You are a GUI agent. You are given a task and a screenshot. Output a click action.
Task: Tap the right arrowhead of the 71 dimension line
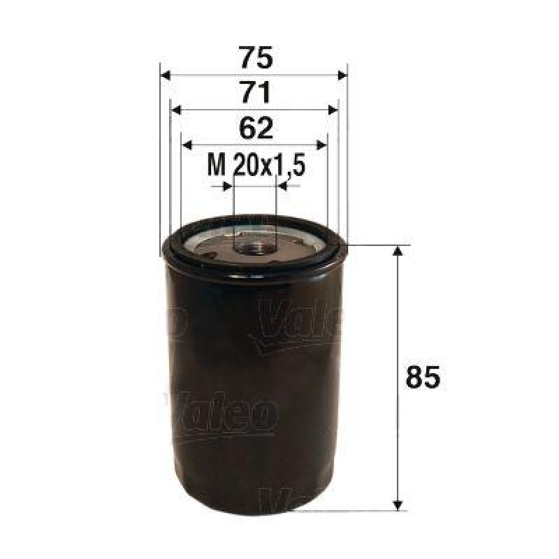coord(333,110)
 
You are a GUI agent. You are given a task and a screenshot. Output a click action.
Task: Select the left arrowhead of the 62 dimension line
coord(187,144)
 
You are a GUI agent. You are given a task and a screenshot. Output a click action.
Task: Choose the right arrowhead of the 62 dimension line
coord(322,144)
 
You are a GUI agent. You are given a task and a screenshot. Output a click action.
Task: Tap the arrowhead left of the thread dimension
coord(227,187)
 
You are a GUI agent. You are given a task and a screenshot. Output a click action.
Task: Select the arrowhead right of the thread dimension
coord(282,187)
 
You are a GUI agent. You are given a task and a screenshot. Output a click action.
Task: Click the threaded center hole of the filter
coord(254,246)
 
